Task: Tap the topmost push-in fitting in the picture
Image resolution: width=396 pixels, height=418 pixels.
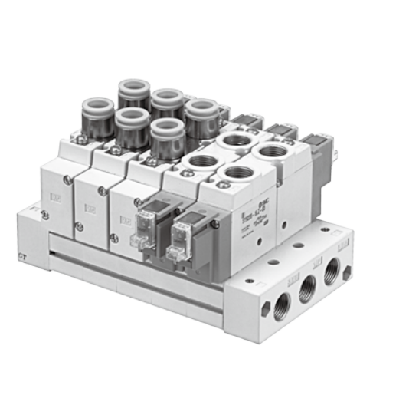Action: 133,93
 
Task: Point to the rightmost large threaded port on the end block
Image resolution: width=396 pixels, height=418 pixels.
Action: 332,271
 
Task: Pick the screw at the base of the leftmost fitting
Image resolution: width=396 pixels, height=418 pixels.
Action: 77,140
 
